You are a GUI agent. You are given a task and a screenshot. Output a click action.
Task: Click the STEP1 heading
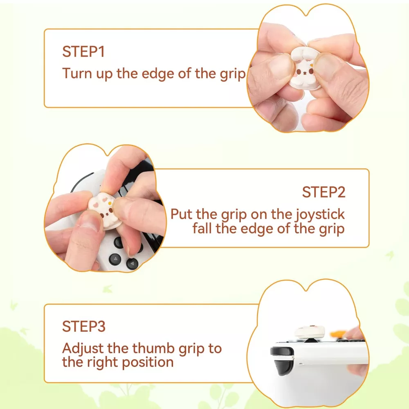click(83, 52)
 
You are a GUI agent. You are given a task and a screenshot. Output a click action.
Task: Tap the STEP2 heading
click(324, 192)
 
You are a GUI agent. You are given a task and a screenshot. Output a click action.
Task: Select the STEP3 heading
click(84, 326)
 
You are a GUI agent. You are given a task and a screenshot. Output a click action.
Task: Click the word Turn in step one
click(77, 73)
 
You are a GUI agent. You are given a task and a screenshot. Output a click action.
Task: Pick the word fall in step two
click(202, 229)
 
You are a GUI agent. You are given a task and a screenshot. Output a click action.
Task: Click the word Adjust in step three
click(83, 349)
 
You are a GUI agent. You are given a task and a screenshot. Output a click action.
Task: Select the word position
click(148, 363)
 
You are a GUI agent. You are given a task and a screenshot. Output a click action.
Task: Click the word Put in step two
click(182, 214)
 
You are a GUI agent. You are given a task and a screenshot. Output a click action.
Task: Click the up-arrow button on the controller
click(115, 260)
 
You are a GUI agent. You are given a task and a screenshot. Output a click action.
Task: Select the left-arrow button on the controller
click(132, 263)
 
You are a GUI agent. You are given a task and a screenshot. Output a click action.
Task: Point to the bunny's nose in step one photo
click(304, 74)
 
